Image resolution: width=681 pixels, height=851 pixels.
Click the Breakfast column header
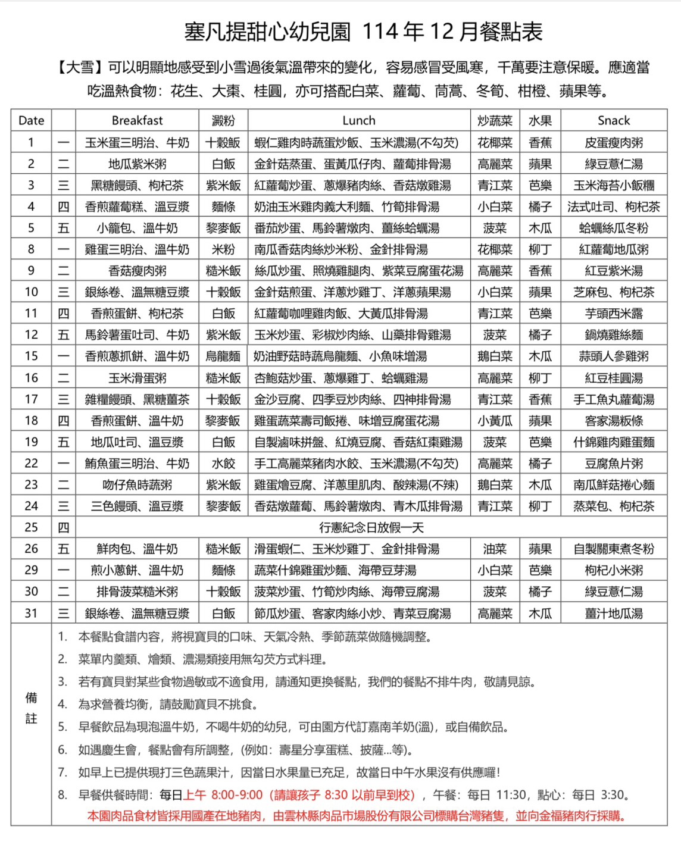137,120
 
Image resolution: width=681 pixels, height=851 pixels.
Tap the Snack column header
613,120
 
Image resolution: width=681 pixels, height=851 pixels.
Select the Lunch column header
358,120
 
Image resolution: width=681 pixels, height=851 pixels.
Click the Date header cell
31,120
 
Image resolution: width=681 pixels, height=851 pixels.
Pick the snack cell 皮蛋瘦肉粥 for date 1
613,142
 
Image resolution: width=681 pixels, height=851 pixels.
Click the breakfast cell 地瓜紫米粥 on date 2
137,164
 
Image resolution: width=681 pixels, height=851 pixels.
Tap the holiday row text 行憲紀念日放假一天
371,527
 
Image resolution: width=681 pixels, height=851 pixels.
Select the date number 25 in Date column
31,527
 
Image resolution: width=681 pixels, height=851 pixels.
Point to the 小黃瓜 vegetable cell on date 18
494,420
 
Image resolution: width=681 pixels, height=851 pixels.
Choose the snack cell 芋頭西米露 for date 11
613,313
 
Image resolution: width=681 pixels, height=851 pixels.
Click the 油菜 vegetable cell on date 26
494,549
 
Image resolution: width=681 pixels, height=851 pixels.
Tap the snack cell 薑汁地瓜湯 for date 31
613,613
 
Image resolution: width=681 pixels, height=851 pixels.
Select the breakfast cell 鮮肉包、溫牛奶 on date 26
137,549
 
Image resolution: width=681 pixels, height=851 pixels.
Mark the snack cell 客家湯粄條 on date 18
613,420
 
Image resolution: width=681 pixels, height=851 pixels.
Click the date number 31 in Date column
31,613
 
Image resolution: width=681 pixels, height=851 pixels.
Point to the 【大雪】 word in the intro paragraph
80,67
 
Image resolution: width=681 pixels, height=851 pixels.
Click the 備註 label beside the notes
31,708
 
